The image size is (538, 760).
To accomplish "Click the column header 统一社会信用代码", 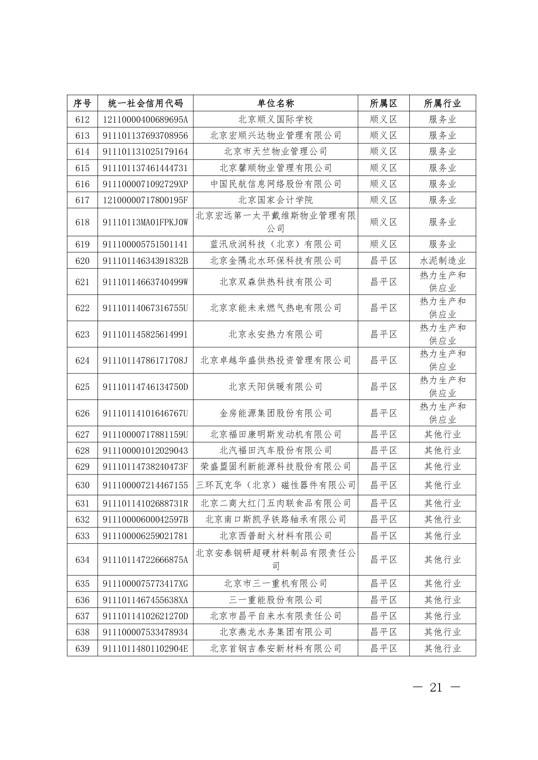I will [145, 103].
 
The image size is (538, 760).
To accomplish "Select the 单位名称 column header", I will [275, 103].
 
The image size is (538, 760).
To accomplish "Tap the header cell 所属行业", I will [442, 103].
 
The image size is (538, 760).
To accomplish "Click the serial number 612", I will [82, 119].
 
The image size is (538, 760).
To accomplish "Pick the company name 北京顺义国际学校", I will [275, 119].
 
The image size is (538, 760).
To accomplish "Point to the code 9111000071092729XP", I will [145, 184].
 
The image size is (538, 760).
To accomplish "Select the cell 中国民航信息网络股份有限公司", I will [275, 184].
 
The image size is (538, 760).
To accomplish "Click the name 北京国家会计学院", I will [275, 200].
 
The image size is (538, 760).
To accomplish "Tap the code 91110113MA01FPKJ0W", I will [145, 222].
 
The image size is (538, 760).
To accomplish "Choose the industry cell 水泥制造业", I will [442, 260].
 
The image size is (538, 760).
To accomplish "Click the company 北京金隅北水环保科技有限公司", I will [275, 260].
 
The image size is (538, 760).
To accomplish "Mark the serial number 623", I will [82, 334].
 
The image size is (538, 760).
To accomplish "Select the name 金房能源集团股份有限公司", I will [275, 413].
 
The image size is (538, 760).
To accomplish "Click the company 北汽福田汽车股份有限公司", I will [275, 450].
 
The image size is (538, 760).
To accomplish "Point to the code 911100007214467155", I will [145, 485].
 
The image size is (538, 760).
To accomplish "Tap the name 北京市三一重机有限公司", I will [275, 584].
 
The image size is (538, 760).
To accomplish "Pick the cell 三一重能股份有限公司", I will [275, 600].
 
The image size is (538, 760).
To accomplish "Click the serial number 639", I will [82, 648].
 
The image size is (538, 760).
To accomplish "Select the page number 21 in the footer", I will [436, 688].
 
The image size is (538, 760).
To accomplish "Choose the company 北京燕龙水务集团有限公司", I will [275, 632].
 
